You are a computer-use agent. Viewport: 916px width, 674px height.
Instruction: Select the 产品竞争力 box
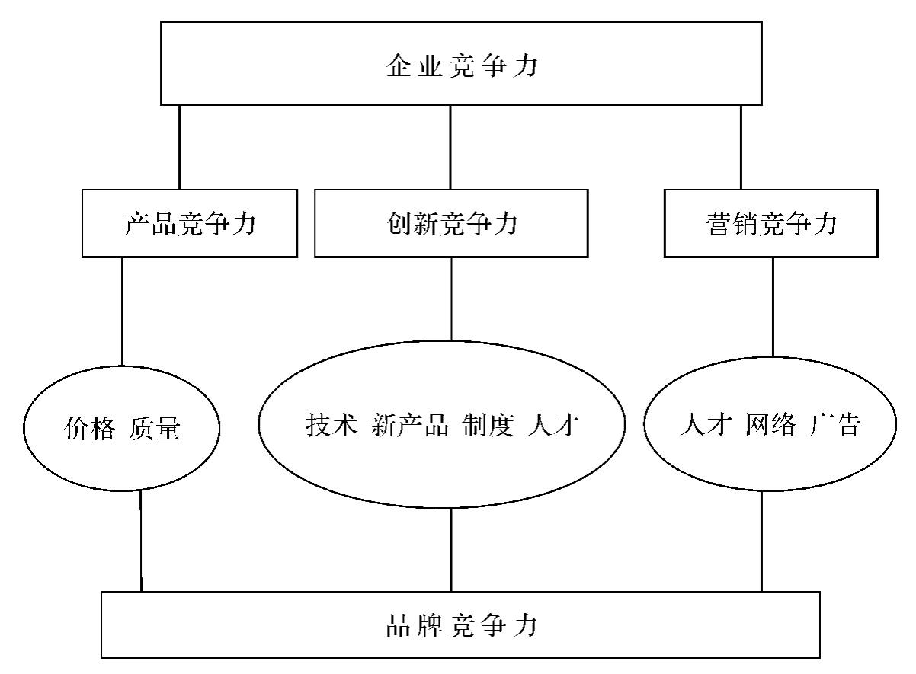189,224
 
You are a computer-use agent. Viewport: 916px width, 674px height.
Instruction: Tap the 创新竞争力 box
450,224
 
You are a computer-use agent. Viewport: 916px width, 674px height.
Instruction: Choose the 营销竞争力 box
772,224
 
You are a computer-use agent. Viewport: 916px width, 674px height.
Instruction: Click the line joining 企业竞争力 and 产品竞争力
180,147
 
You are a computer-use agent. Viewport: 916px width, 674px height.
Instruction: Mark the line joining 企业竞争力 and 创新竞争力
450,147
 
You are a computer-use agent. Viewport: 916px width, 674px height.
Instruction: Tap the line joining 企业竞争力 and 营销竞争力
740,147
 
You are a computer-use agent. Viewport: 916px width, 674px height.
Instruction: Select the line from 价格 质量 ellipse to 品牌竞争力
142,541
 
